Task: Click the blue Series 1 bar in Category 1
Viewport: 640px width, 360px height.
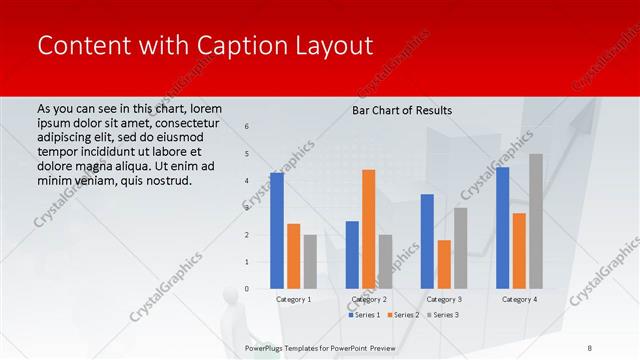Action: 277,230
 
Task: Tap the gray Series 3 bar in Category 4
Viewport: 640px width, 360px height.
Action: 536,221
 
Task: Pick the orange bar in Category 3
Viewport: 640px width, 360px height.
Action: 444,264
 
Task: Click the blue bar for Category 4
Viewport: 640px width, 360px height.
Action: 502,228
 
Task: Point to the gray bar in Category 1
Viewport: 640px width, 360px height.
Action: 310,261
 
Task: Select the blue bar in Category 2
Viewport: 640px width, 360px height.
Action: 352,254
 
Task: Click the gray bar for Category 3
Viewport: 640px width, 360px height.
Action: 461,248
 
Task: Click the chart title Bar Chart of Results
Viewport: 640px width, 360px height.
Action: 402,110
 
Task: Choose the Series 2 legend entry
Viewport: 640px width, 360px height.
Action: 403,315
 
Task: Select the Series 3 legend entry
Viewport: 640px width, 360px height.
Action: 443,315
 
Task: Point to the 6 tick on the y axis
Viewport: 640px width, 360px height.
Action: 248,127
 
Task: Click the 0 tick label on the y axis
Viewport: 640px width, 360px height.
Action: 248,289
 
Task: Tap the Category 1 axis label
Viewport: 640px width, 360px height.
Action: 293,299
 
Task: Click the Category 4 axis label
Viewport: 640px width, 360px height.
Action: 519,299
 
